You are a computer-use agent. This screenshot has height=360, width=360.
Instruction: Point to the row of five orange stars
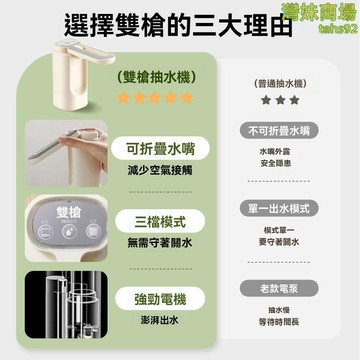(x=154, y=98)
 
